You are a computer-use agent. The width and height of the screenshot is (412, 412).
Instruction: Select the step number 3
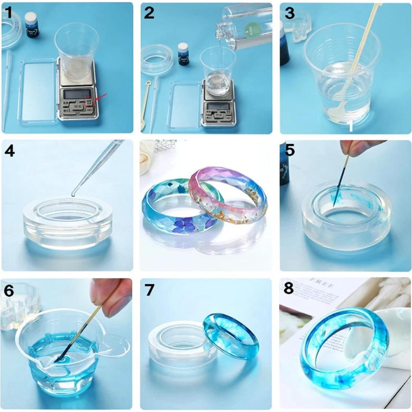point(289,13)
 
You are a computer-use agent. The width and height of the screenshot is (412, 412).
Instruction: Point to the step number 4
point(9,151)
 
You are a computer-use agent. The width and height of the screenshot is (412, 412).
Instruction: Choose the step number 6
point(8,290)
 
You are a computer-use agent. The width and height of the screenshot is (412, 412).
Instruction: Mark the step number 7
point(149,289)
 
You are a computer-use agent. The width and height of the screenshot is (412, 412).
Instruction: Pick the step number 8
point(288,288)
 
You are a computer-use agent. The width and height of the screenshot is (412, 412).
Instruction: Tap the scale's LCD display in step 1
point(77,94)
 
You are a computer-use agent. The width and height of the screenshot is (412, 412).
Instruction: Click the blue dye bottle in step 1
point(32,25)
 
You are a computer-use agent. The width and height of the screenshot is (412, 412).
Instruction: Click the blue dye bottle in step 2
point(184,54)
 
